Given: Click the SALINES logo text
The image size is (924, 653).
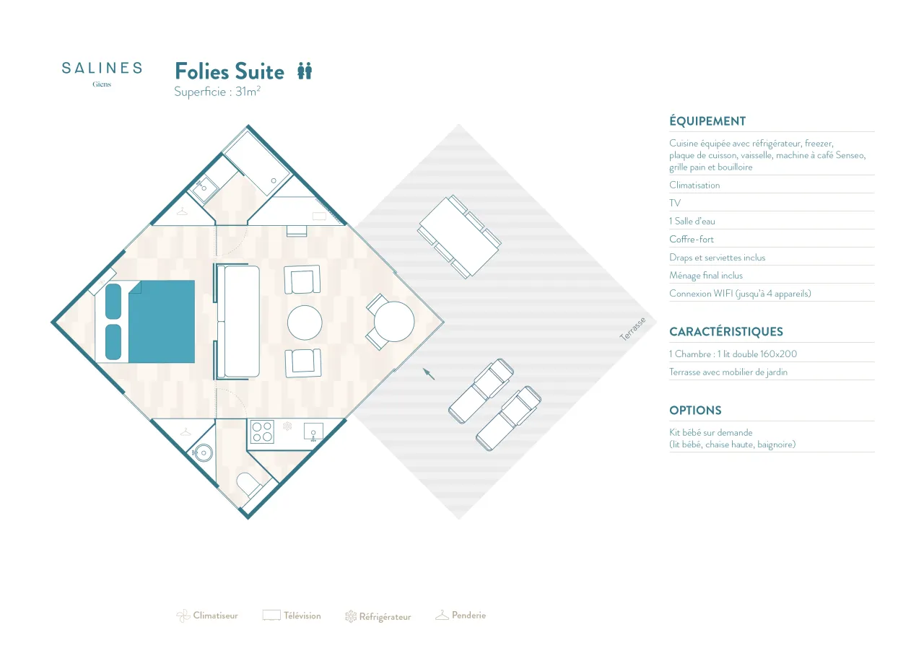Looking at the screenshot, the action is (x=102, y=68).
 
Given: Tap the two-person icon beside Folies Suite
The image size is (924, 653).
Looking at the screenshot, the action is (x=305, y=71).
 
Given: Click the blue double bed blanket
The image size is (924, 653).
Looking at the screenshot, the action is (x=161, y=322).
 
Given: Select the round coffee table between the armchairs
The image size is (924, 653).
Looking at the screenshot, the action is (x=305, y=323).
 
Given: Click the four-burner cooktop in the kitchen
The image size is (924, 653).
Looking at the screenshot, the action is (x=262, y=431).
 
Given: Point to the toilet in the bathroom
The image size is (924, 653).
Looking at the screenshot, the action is (x=248, y=484).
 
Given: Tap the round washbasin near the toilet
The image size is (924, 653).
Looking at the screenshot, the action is (x=203, y=453).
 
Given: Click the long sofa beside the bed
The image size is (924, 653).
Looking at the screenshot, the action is (x=238, y=322).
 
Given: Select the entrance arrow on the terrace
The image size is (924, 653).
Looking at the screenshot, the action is (x=429, y=374).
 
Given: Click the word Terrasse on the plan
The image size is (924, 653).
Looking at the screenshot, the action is (x=632, y=329).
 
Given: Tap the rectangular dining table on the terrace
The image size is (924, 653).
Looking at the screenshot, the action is (x=459, y=237).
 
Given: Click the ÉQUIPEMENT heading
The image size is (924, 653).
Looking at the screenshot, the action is (x=707, y=121).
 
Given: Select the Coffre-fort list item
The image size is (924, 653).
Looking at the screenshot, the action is (x=692, y=239).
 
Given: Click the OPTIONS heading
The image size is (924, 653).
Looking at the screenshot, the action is (x=695, y=410).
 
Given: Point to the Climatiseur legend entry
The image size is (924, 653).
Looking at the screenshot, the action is (x=207, y=615).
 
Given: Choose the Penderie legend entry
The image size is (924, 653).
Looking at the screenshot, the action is (x=461, y=615).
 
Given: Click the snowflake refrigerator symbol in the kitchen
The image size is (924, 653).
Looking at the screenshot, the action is (x=287, y=426).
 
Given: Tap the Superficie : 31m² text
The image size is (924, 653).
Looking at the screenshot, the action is (x=217, y=92).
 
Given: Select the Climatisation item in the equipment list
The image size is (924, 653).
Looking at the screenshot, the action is (x=694, y=185).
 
